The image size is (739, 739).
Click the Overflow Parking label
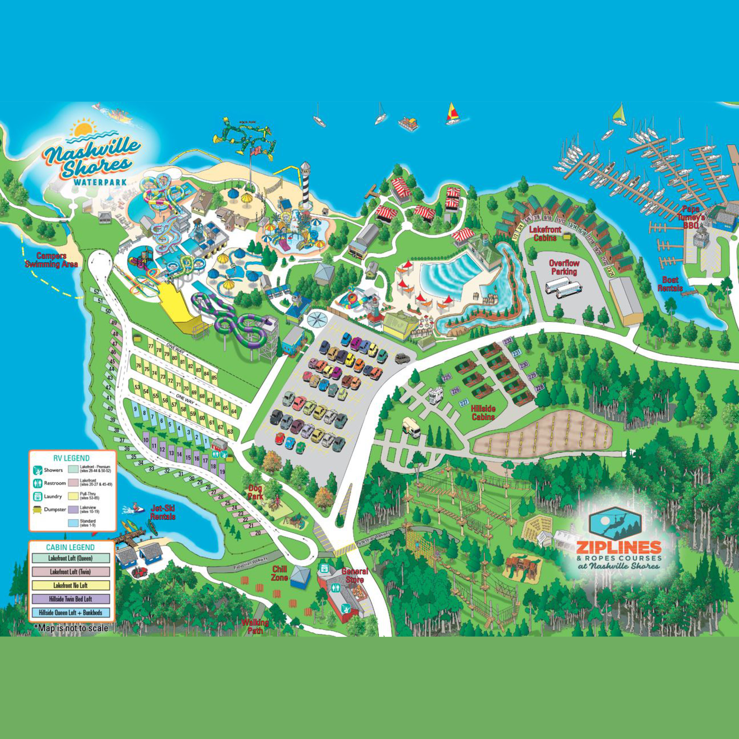pos(564,267)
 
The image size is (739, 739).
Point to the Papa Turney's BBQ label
pos(693,217)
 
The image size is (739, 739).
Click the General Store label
pos(355,574)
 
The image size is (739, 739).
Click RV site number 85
pos(214,377)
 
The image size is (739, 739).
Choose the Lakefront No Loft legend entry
pos(71,585)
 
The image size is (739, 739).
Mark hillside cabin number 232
pos(508,341)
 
